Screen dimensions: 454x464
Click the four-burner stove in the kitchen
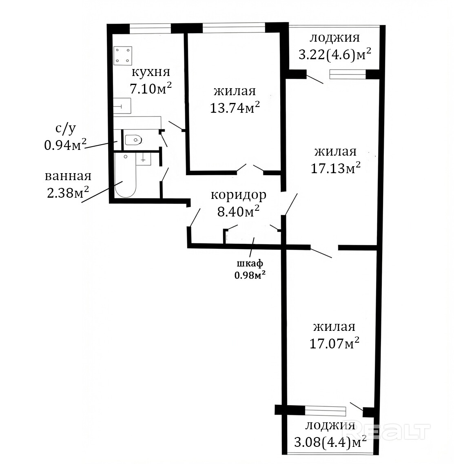122,56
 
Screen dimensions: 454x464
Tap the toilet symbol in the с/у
133,140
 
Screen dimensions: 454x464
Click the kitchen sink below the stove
122,106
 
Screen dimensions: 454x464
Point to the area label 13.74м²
235,108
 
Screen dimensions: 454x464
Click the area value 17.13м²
336,168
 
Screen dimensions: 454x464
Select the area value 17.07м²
334,344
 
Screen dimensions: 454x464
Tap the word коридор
239,195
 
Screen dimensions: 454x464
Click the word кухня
151,72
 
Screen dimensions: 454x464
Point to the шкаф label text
250,263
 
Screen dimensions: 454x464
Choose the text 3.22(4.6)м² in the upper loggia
335,54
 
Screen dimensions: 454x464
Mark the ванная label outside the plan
68,176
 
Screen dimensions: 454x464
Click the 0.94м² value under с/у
65,145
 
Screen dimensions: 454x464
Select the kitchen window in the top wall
151,29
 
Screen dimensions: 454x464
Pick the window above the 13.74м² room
234,28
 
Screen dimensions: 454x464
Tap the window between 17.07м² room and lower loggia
325,411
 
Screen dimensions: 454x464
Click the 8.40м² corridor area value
239,211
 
